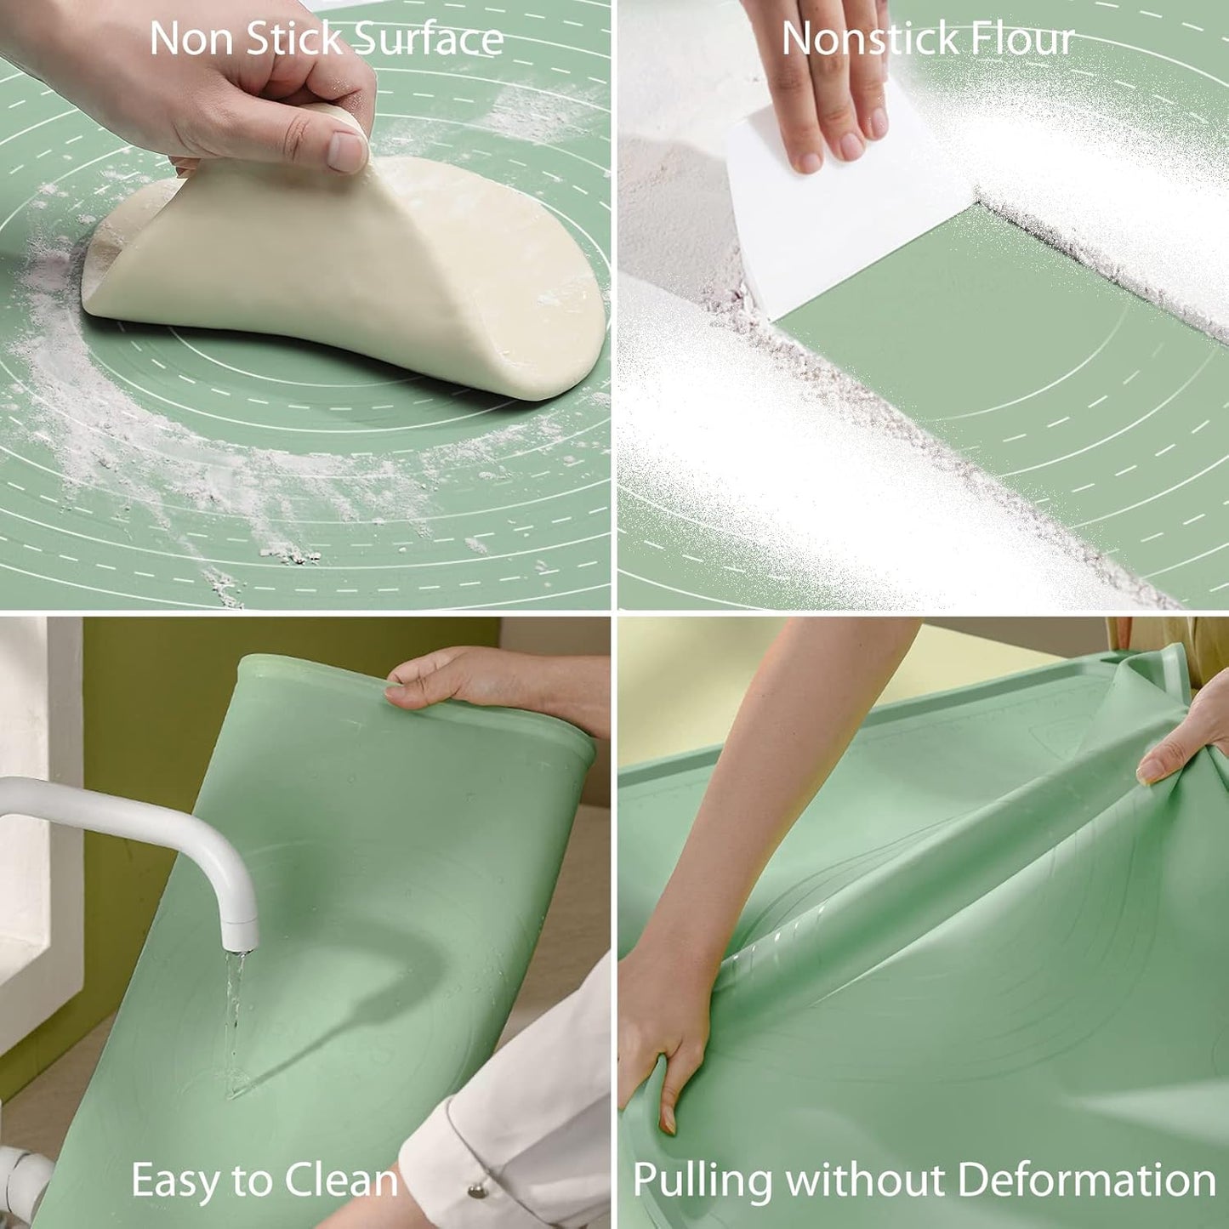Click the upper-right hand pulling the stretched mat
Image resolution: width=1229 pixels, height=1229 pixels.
[1186, 740]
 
